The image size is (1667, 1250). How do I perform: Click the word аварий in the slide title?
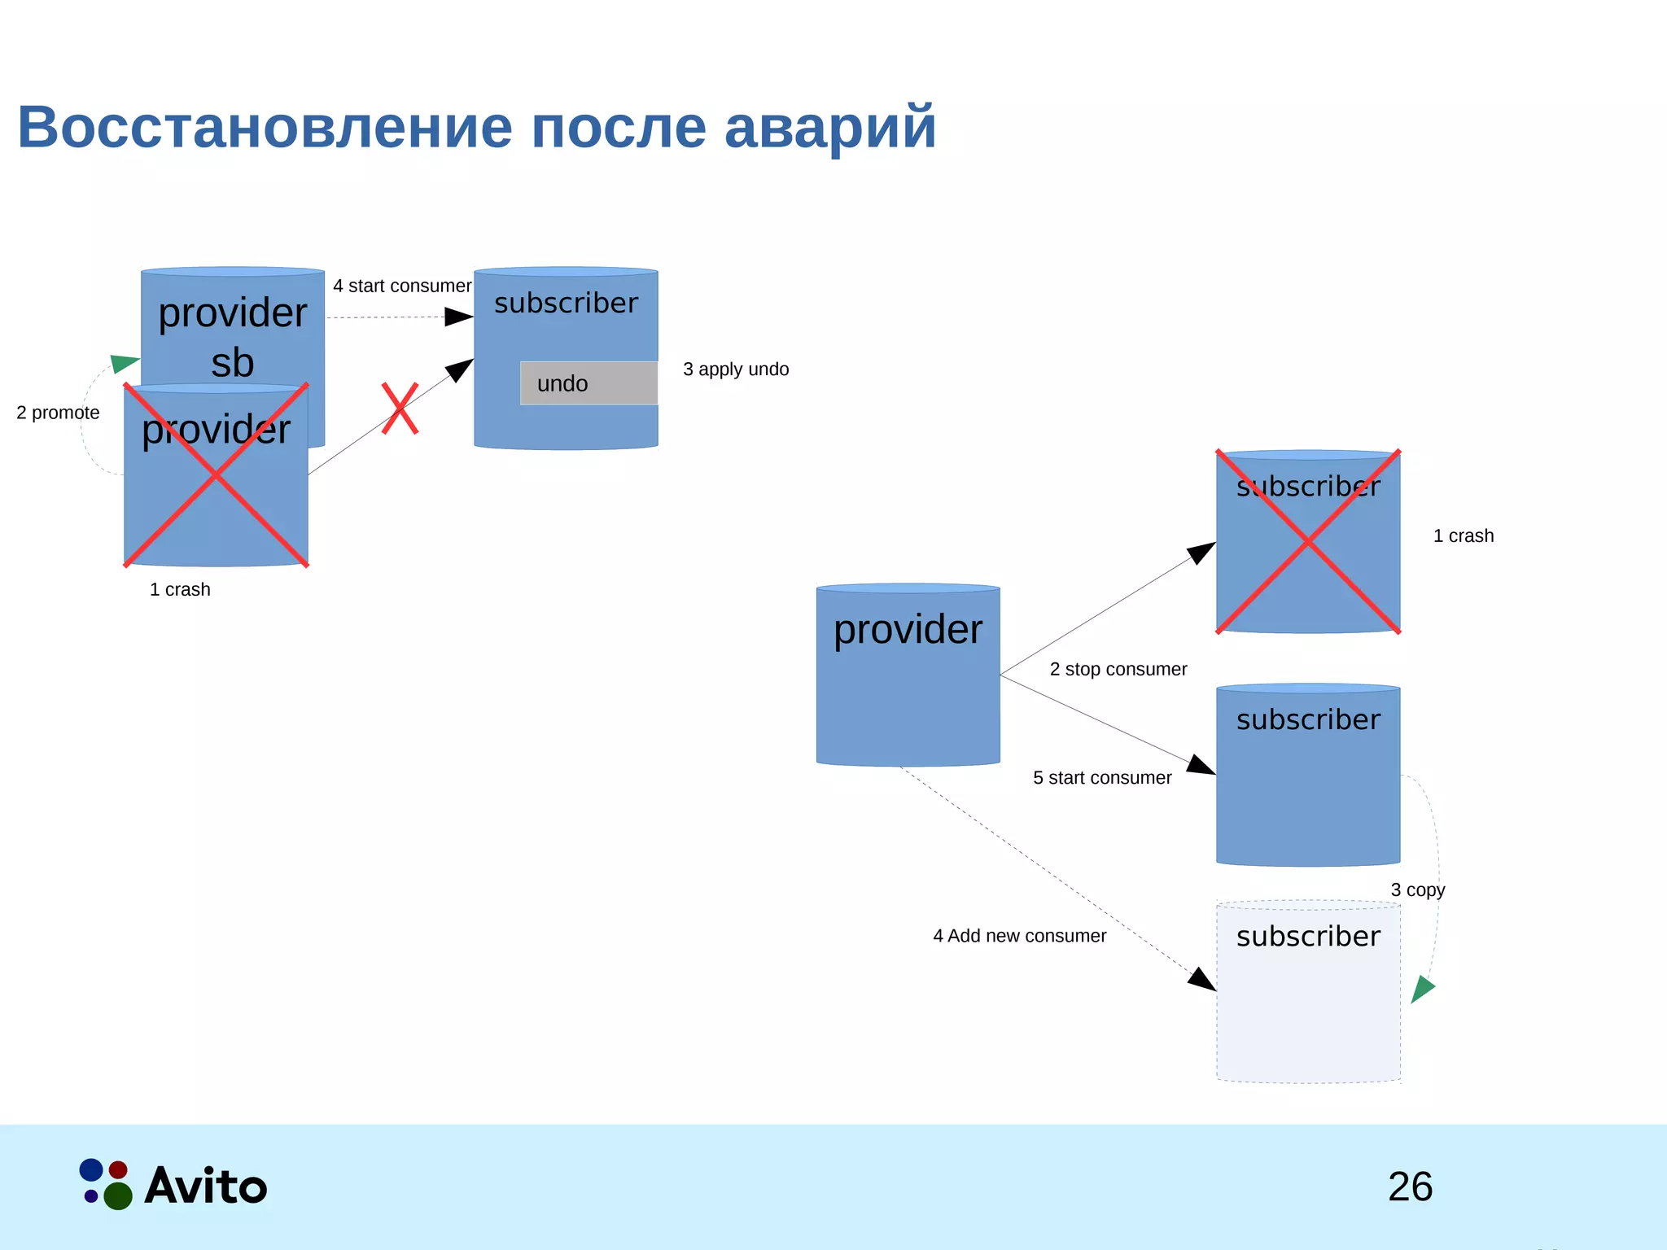point(830,128)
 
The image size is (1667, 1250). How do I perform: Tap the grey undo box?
point(588,383)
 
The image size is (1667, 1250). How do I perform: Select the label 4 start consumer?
point(402,286)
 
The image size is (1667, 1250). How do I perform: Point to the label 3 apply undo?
point(736,369)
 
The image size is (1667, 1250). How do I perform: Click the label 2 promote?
point(58,413)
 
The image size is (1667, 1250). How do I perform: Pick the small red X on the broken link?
point(400,409)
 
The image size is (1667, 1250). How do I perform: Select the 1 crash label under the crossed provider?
point(180,590)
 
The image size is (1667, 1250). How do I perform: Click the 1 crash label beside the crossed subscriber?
point(1464,536)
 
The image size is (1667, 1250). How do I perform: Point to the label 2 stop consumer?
point(1118,670)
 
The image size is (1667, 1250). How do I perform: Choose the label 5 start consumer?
point(1102,778)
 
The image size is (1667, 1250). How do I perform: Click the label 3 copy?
point(1418,890)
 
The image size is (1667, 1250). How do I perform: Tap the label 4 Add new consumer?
point(1019,937)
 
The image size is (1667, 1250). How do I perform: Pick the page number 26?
point(1410,1187)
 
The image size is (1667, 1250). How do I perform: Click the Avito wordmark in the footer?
point(206,1187)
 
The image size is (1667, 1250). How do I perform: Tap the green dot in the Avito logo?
point(118,1195)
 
